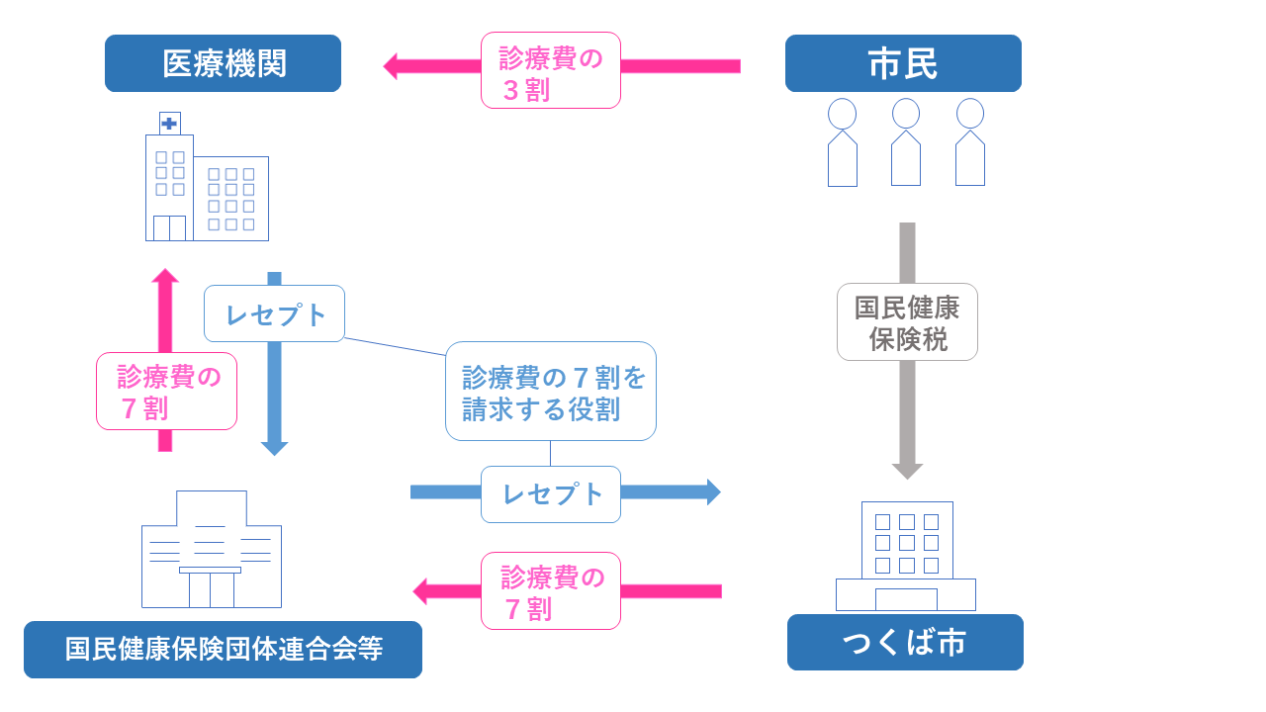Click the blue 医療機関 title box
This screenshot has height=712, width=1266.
[x=223, y=63]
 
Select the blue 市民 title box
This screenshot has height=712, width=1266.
[x=903, y=63]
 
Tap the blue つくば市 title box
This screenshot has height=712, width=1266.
[x=905, y=643]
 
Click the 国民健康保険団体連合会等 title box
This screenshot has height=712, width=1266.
[x=223, y=650]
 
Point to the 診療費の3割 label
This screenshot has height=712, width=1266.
[x=551, y=70]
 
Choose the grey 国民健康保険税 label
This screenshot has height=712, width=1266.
[x=907, y=322]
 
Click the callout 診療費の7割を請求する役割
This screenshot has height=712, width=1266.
[x=551, y=392]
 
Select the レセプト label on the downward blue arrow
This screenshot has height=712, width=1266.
[x=274, y=313]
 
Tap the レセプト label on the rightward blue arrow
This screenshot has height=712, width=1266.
[x=551, y=494]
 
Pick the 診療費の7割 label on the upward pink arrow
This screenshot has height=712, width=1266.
[x=166, y=392]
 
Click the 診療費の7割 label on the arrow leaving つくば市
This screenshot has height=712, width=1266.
[x=551, y=591]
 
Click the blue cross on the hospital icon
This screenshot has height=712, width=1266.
[x=169, y=124]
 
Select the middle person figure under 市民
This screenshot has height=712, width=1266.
[x=906, y=142]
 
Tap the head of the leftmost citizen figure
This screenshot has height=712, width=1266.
[x=842, y=114]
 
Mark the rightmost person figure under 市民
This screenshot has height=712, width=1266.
[x=970, y=142]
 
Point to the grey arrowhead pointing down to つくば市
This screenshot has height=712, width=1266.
[x=907, y=471]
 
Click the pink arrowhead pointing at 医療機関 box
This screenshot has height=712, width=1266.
[x=391, y=66]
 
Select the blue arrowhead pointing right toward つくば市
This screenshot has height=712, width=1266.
[x=713, y=491]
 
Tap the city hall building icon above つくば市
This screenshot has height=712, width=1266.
[x=906, y=556]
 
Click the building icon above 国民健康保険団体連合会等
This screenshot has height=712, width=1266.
[x=212, y=550]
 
